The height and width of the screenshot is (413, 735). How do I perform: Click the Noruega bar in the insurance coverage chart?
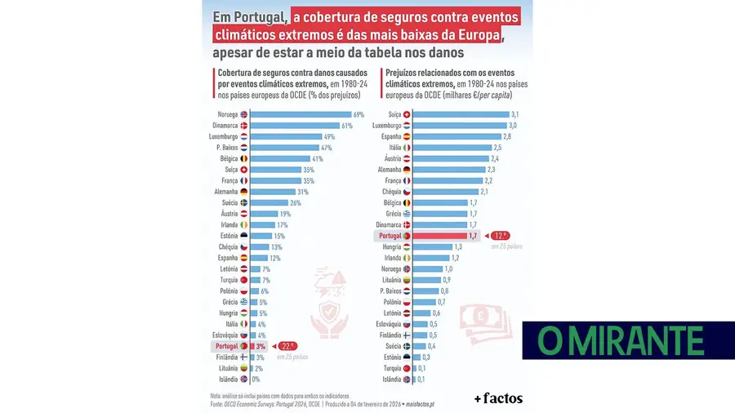pyautogui.click(x=300, y=114)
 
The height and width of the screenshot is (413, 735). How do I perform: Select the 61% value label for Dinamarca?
pyautogui.click(x=346, y=126)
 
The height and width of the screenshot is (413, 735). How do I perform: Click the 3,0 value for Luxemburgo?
pyautogui.click(x=513, y=126)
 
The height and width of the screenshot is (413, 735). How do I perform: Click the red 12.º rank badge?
pyautogui.click(x=502, y=235)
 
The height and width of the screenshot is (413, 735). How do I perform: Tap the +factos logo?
pyautogui.click(x=498, y=398)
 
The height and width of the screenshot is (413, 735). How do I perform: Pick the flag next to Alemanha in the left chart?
pyautogui.click(x=243, y=192)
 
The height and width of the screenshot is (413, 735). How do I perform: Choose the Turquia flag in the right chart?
pyautogui.click(x=407, y=368)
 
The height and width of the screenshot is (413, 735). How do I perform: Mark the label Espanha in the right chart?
pyautogui.click(x=388, y=136)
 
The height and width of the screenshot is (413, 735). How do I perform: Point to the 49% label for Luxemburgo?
pyautogui.click(x=330, y=136)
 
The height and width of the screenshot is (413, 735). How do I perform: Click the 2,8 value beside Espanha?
pyautogui.click(x=506, y=136)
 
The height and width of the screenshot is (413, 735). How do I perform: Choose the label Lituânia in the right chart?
pyautogui.click(x=388, y=280)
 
